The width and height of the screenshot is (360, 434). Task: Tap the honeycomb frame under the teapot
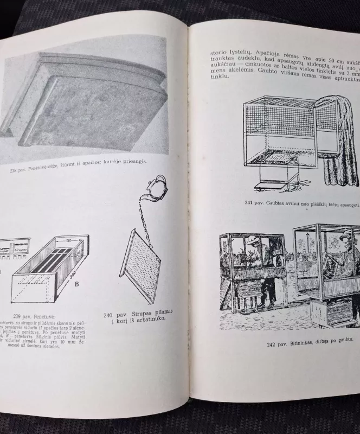(140, 266)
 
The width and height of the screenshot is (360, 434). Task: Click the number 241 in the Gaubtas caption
(250, 202)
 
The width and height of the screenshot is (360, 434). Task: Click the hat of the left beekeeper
(253, 239)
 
